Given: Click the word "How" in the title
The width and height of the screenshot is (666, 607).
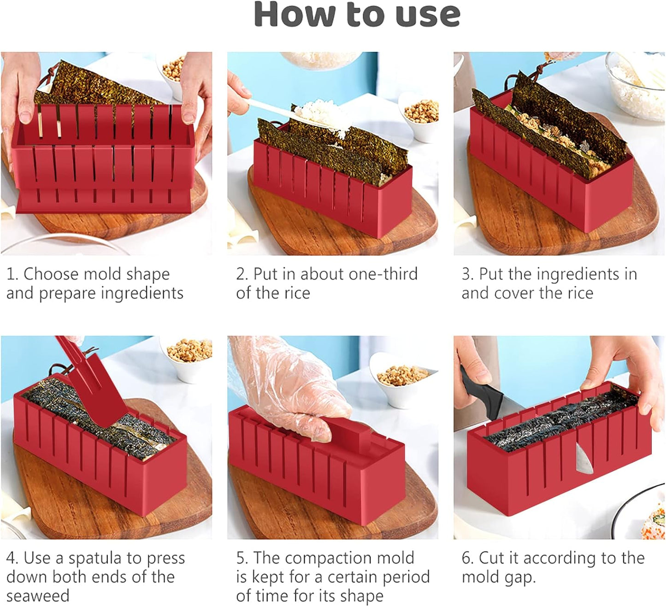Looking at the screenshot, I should click(295, 15).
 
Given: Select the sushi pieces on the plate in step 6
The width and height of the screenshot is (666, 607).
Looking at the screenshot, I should click(654, 521).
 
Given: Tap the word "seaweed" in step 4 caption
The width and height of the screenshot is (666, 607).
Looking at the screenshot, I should click(38, 596).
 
